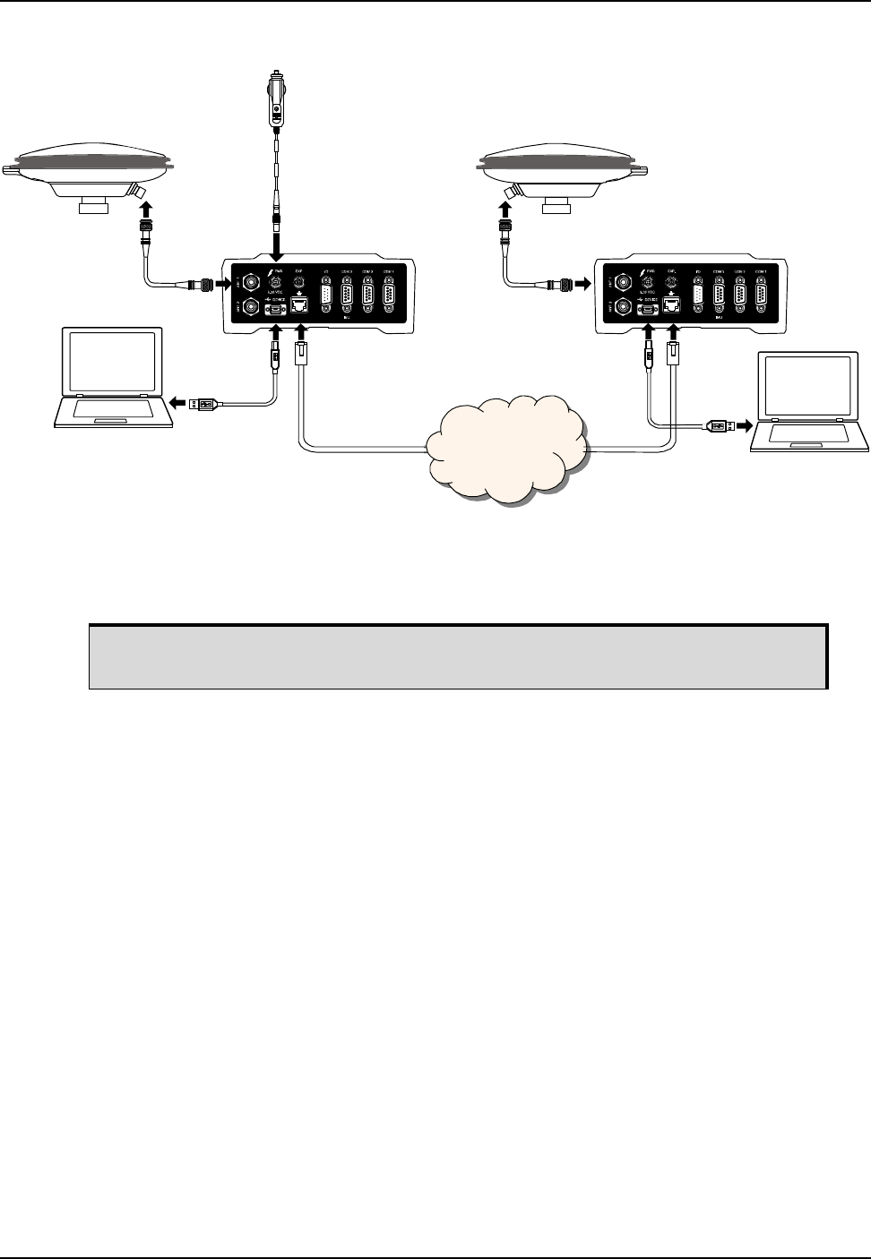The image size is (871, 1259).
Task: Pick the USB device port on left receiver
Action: click(276, 308)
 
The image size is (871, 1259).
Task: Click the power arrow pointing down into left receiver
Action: click(276, 244)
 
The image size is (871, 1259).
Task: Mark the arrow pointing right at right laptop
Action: click(742, 426)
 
